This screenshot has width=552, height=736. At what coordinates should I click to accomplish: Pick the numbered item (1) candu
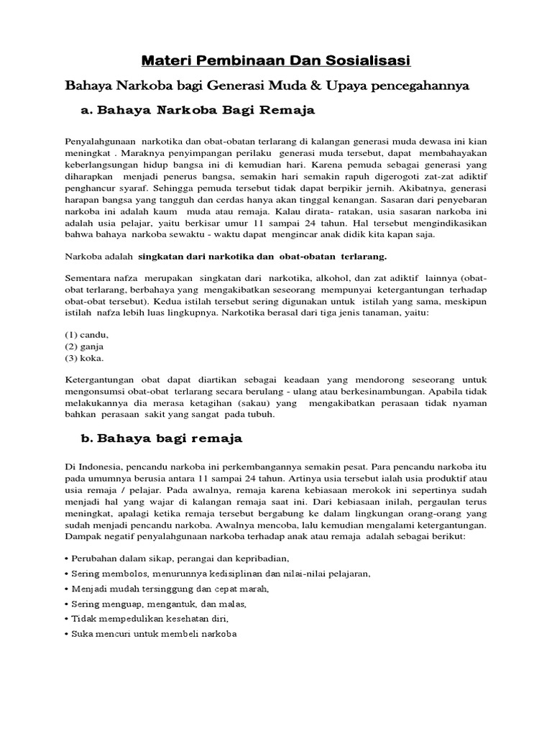pyautogui.click(x=87, y=335)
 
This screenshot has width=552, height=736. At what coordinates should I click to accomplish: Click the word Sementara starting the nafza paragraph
pyautogui.click(x=89, y=279)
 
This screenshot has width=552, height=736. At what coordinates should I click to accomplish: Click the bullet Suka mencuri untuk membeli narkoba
pyautogui.click(x=151, y=634)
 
